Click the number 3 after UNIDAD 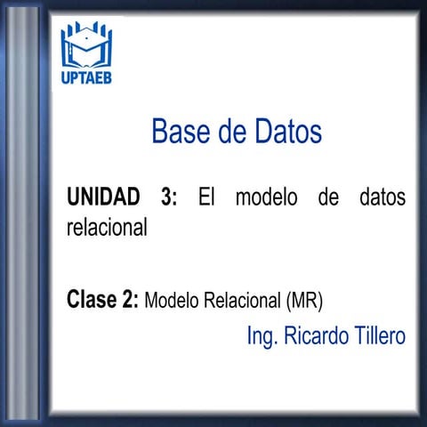(x=169, y=197)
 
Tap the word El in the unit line (x=207, y=197)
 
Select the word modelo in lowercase (x=266, y=197)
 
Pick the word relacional (x=107, y=227)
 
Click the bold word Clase (x=92, y=299)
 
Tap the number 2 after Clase (x=130, y=299)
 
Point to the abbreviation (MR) (x=304, y=300)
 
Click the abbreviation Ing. (x=262, y=336)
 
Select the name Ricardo (x=311, y=336)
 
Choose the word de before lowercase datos (x=327, y=197)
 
